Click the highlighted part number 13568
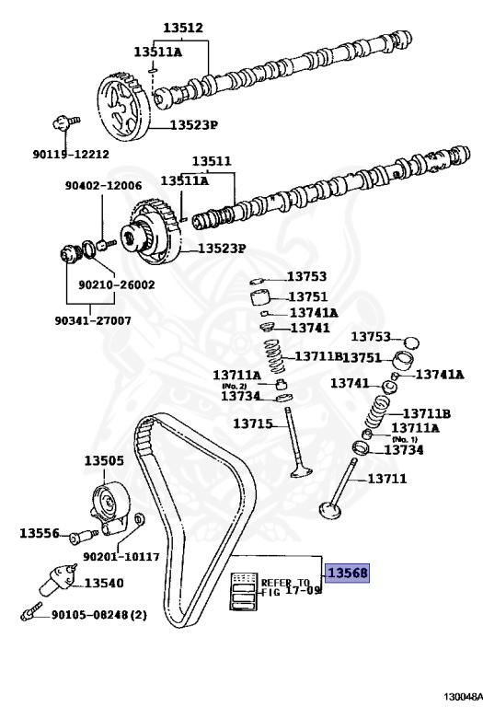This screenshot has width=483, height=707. click(345, 572)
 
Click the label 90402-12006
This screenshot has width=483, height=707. click(104, 186)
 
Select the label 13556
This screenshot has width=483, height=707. click(40, 533)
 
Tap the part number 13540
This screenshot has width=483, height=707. click(104, 583)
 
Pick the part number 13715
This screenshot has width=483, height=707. click(252, 423)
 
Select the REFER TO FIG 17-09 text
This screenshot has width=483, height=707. click(288, 587)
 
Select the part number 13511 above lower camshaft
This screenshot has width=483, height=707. click(211, 161)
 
